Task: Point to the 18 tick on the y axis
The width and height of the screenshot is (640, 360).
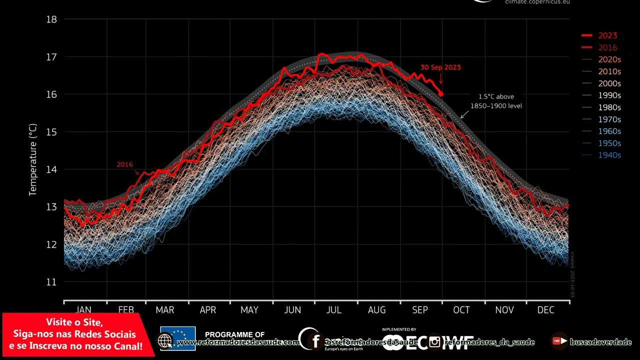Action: click(x=51, y=19)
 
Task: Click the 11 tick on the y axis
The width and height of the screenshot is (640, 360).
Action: click(x=51, y=282)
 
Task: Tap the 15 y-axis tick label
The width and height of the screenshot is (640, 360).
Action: click(x=51, y=132)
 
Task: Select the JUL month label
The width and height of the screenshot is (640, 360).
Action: click(x=334, y=310)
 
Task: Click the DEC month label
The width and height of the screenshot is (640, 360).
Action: click(x=545, y=310)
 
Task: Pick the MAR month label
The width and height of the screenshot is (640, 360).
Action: click(x=165, y=310)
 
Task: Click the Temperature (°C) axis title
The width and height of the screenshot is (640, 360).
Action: click(x=33, y=160)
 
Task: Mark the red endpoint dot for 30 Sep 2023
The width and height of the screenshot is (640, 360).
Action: click(x=440, y=93)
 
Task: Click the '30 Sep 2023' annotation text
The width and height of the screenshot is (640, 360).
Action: click(x=440, y=67)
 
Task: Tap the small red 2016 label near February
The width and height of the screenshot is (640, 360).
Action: click(x=125, y=164)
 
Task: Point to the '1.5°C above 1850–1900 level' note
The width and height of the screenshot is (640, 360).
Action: click(x=496, y=101)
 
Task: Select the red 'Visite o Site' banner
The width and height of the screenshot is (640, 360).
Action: click(x=77, y=334)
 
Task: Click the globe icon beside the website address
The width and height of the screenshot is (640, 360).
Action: click(x=165, y=341)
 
